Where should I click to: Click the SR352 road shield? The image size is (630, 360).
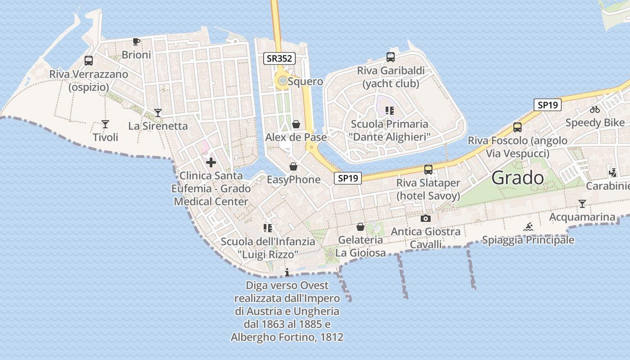coord(279,58)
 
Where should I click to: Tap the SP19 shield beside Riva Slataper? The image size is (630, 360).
coord(348,178)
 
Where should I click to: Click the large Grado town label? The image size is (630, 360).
coord(517,178)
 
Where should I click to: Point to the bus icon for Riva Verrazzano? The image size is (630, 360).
coord(89,60)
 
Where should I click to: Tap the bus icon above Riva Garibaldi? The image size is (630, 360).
coord(391,57)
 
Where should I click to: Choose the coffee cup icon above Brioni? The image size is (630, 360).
coord(136,41)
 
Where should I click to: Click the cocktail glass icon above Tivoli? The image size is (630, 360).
coord(105,124)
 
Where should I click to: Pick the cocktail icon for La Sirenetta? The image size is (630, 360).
coord(158,112)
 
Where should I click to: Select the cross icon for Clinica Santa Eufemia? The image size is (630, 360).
coord(211,162)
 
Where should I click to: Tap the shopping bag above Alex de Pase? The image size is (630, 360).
coord(296,124)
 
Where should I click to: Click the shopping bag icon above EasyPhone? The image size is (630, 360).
coord(293,166)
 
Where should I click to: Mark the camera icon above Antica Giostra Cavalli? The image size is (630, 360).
coord(425,219)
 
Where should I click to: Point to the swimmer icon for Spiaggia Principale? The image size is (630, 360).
coord(528,227)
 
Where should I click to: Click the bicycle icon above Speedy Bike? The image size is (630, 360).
coord(595,109)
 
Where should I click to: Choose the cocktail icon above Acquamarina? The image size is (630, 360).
coord(582,204)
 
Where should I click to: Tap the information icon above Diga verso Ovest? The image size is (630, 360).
coord(288,272)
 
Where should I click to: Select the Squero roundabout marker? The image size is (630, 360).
coord(283,81)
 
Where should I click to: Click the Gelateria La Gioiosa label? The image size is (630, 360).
coord(360,247)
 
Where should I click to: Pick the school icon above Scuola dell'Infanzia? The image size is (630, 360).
coord(268,228)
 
